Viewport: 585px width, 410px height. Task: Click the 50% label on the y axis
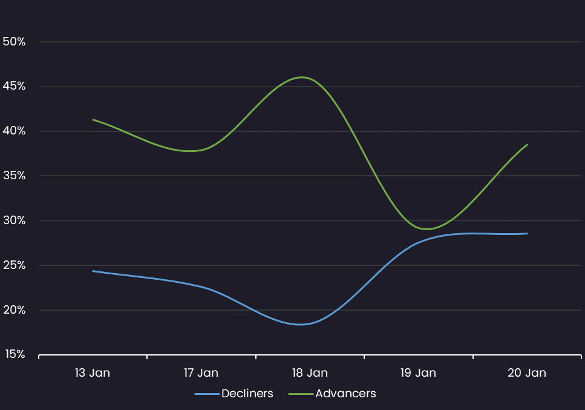pyautogui.click(x=13, y=42)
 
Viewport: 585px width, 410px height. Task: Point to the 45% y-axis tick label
pyautogui.click(x=13, y=87)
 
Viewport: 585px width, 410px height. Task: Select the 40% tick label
pyautogui.click(x=13, y=131)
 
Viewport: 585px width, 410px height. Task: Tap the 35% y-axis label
pyautogui.click(x=13, y=176)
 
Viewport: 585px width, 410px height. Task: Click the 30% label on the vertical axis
pyautogui.click(x=13, y=220)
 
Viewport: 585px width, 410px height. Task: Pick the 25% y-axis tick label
pyautogui.click(x=13, y=265)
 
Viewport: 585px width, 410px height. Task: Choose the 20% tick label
pyautogui.click(x=13, y=310)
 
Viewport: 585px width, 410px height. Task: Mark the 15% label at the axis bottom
pyautogui.click(x=13, y=354)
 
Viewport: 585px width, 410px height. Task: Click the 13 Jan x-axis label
pyautogui.click(x=93, y=373)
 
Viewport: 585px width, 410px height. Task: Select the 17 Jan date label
pyautogui.click(x=201, y=373)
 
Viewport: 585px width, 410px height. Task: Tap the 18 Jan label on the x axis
pyautogui.click(x=310, y=373)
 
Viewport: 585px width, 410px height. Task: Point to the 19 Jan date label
pyautogui.click(x=418, y=373)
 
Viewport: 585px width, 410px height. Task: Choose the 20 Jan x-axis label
pyautogui.click(x=527, y=373)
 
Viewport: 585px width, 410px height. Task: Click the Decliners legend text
pyautogui.click(x=247, y=394)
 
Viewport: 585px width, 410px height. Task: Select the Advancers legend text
pyautogui.click(x=345, y=394)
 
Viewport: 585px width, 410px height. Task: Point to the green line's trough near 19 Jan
pyautogui.click(x=427, y=229)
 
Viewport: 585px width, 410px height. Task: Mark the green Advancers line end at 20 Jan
pyautogui.click(x=528, y=144)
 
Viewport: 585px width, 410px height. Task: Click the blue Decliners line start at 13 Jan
pyautogui.click(x=93, y=271)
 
